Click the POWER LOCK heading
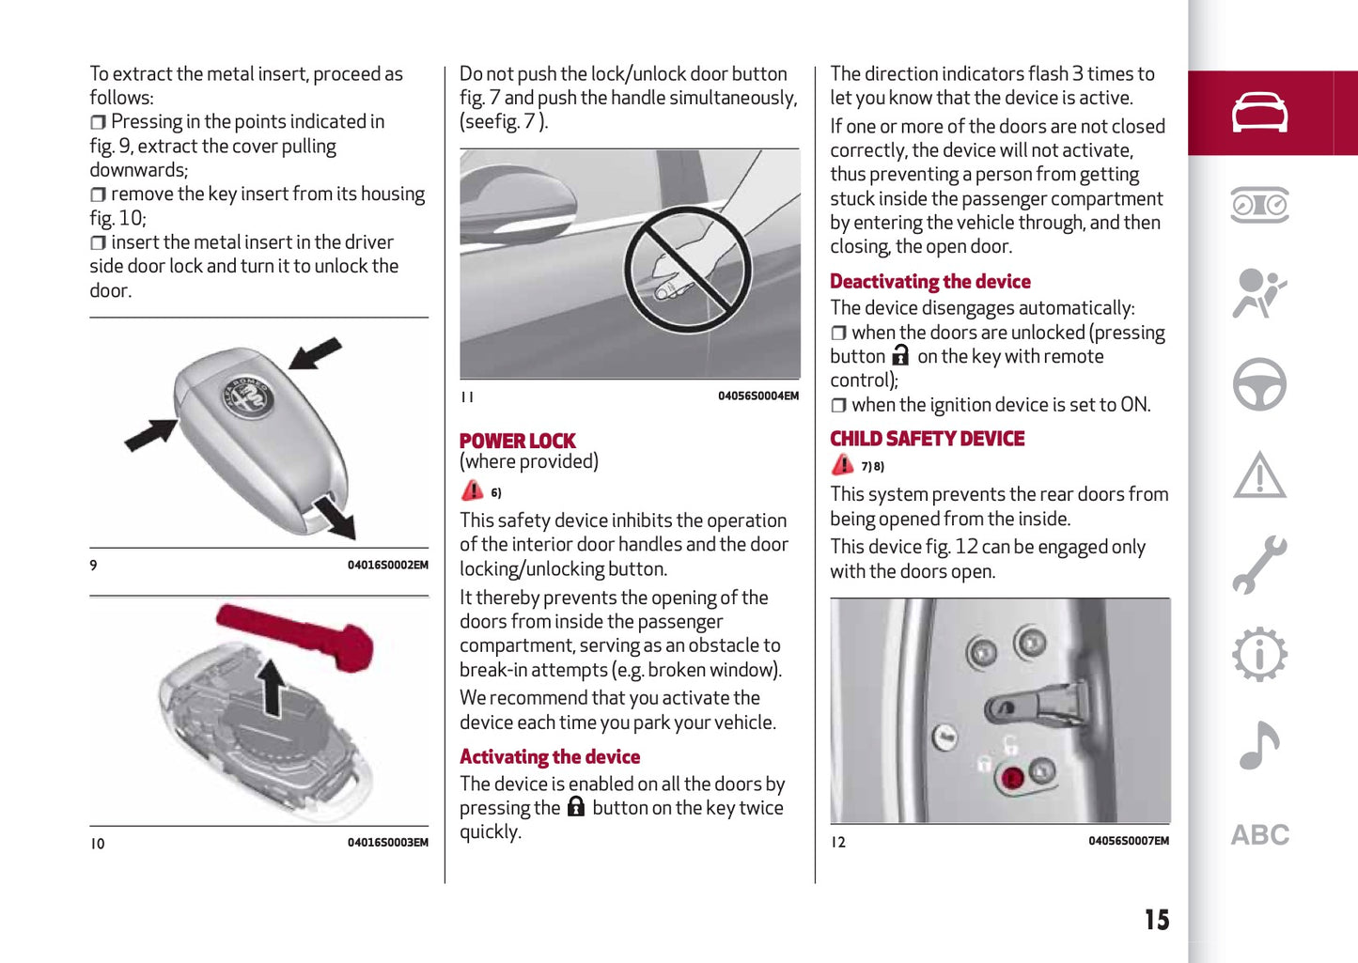click(517, 441)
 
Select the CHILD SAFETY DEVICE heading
click(927, 438)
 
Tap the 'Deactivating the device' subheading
click(930, 281)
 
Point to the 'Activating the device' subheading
click(549, 756)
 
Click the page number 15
click(1157, 920)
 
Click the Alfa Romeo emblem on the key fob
click(246, 397)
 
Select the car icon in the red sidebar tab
click(1259, 112)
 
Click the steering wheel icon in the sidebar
click(1259, 384)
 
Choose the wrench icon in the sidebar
click(1259, 565)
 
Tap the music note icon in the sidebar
click(1259, 745)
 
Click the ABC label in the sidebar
click(1259, 835)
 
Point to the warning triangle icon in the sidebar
click(1259, 475)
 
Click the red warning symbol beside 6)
click(473, 490)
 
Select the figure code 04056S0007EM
click(1129, 841)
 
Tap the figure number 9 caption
click(93, 565)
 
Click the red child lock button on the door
click(1011, 778)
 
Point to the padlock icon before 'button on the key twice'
click(576, 806)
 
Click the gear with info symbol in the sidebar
click(1259, 654)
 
